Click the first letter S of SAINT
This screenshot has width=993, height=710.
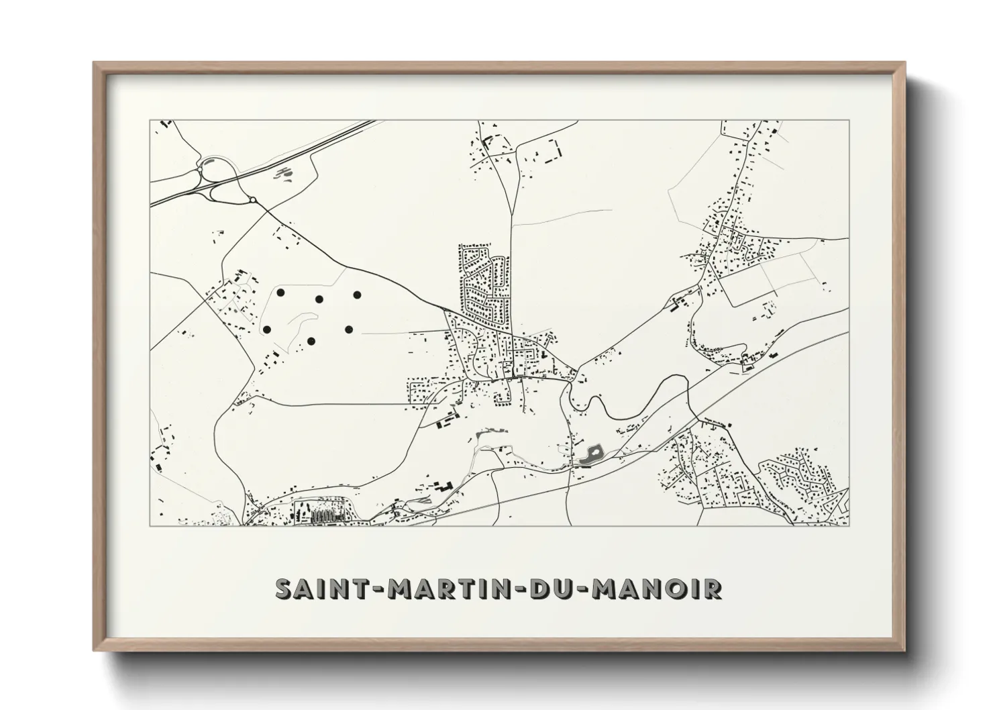[284, 589]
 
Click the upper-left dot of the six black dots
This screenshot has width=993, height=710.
[280, 293]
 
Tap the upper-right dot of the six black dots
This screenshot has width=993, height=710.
[357, 295]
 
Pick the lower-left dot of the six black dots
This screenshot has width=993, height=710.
[267, 329]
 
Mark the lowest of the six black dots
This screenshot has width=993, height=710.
[311, 342]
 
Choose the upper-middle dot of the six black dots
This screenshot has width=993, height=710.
[319, 299]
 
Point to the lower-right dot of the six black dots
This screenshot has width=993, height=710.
[349, 329]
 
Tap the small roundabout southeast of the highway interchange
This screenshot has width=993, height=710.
[252, 200]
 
